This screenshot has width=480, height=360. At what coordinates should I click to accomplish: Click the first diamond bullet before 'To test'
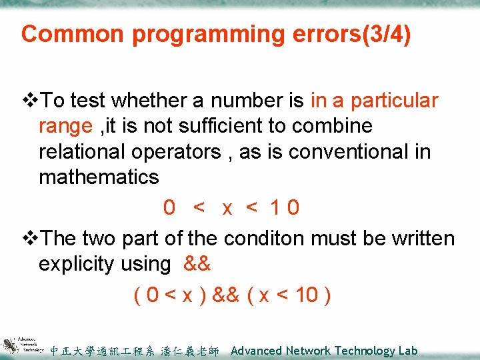click(x=31, y=101)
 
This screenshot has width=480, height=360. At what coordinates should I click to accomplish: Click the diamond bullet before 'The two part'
click(x=31, y=239)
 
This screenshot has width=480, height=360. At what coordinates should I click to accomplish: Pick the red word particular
click(x=395, y=101)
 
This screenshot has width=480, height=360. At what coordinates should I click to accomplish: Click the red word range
click(x=65, y=127)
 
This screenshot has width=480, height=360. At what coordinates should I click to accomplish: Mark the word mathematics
click(x=99, y=177)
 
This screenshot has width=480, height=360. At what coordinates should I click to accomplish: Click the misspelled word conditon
click(x=267, y=239)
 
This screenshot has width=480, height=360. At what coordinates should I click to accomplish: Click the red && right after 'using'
click(x=197, y=264)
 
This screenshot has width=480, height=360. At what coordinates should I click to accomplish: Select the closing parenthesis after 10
click(x=327, y=295)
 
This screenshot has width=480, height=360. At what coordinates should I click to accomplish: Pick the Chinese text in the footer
click(x=134, y=351)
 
